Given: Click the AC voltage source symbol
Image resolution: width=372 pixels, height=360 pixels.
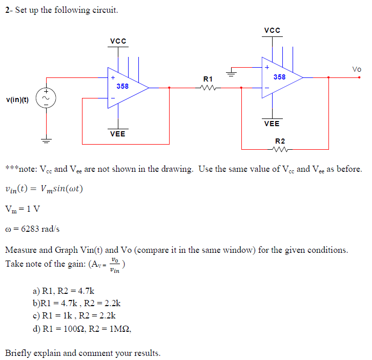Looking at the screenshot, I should pyautogui.click(x=47, y=98).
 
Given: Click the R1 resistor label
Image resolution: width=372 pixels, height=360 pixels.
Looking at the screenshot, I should pyautogui.click(x=208, y=79).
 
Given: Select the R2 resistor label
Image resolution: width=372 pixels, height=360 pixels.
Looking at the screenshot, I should pyautogui.click(x=280, y=141).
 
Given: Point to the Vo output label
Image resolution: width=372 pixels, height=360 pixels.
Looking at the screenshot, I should pyautogui.click(x=357, y=69).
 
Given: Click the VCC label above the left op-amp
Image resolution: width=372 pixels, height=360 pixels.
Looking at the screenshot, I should pyautogui.click(x=118, y=41).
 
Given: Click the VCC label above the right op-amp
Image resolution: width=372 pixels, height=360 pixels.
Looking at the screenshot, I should pyautogui.click(x=272, y=30).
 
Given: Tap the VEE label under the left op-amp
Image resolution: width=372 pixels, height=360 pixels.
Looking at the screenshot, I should pyautogui.click(x=118, y=134).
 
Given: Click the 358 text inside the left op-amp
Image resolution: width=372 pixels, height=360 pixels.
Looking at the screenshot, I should pyautogui.click(x=122, y=86).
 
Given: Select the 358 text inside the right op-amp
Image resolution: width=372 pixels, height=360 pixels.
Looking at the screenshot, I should pyautogui.click(x=279, y=77).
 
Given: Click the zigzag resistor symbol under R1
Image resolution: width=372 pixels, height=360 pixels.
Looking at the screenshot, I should pyautogui.click(x=208, y=88).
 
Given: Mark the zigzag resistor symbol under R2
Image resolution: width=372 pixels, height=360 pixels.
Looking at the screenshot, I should pyautogui.click(x=280, y=150).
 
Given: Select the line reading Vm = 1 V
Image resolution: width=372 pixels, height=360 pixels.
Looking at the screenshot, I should pyautogui.click(x=23, y=209).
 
